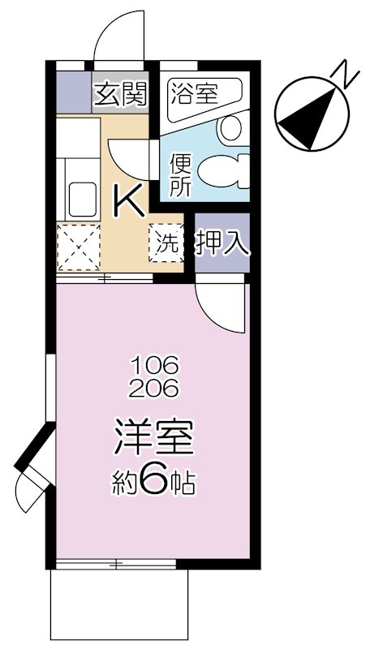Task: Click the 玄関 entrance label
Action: pyautogui.click(x=120, y=94)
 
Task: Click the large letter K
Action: pyautogui.click(x=130, y=200)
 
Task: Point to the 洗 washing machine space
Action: pyautogui.click(x=166, y=243)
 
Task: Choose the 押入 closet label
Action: pyautogui.click(x=223, y=243)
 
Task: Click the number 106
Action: pyautogui.click(x=154, y=364)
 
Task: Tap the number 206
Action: pyautogui.click(x=154, y=389)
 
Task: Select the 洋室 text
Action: pyautogui.click(x=153, y=438)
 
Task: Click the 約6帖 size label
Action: pyautogui.click(x=153, y=482)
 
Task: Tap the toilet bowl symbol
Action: pyautogui.click(x=223, y=171)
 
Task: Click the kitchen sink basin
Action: pyautogui.click(x=83, y=200)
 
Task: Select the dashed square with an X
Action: pyautogui.click(x=79, y=247)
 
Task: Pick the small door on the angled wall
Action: pyautogui.click(x=31, y=488)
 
